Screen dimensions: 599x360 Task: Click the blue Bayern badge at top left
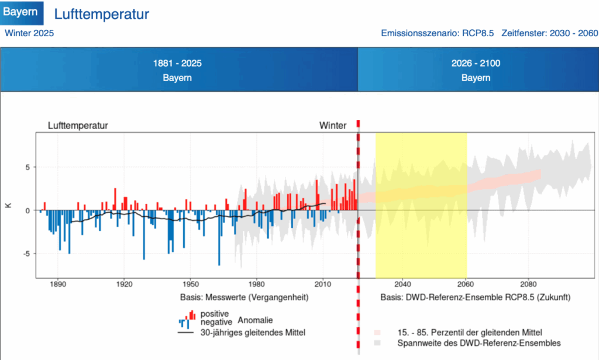pyautogui.click(x=22, y=13)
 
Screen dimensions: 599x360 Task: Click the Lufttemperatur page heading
pyautogui.click(x=102, y=14)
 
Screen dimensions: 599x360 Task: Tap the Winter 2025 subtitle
pyautogui.click(x=29, y=33)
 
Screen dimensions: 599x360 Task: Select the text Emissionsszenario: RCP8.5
pyautogui.click(x=438, y=33)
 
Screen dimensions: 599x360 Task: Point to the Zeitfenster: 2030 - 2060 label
pyautogui.click(x=550, y=33)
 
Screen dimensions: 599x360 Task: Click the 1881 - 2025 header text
pyautogui.click(x=177, y=63)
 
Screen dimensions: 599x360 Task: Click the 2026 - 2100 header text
pyautogui.click(x=476, y=63)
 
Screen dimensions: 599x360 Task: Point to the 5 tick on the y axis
pyautogui.click(x=27, y=167)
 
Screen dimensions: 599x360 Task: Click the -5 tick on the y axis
pyautogui.click(x=26, y=254)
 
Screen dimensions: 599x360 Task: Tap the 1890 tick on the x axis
pyautogui.click(x=58, y=285)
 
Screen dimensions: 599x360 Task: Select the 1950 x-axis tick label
pyautogui.click(x=190, y=285)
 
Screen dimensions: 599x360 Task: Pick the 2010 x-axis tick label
pyautogui.click(x=323, y=285)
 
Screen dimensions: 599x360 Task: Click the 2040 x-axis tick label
pyautogui.click(x=402, y=285)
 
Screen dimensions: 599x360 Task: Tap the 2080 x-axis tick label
pyautogui.click(x=528, y=285)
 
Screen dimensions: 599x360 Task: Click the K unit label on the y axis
pyautogui.click(x=8, y=205)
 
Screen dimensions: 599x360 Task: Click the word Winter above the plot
pyautogui.click(x=333, y=126)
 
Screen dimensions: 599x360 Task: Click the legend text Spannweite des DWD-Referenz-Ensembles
pyautogui.click(x=479, y=343)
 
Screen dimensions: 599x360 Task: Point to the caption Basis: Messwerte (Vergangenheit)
pyautogui.click(x=244, y=297)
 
